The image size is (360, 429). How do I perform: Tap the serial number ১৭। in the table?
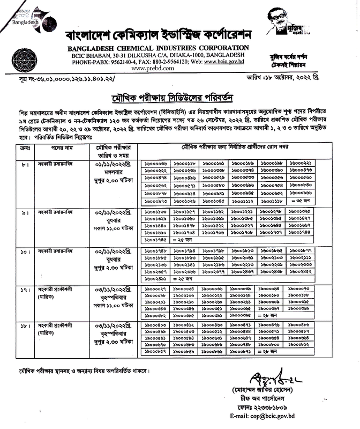tap(22, 289)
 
